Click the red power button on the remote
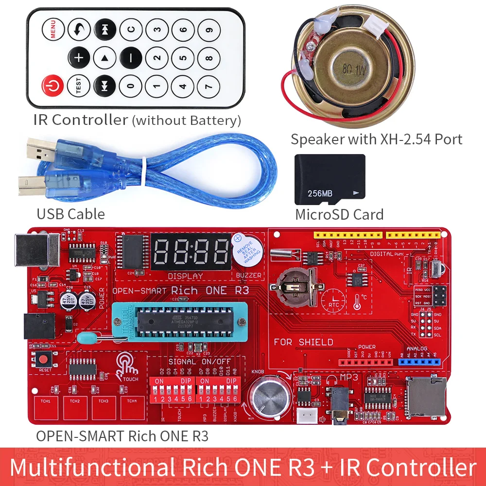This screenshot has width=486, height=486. [52, 86]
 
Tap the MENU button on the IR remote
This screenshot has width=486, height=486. [52, 30]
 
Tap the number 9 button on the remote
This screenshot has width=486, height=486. [209, 30]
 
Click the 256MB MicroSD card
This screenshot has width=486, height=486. [330, 180]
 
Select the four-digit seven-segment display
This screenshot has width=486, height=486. [191, 252]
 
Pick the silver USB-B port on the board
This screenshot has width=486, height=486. [37, 250]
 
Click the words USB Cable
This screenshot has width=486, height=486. [70, 214]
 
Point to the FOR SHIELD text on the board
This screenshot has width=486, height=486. [303, 342]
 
